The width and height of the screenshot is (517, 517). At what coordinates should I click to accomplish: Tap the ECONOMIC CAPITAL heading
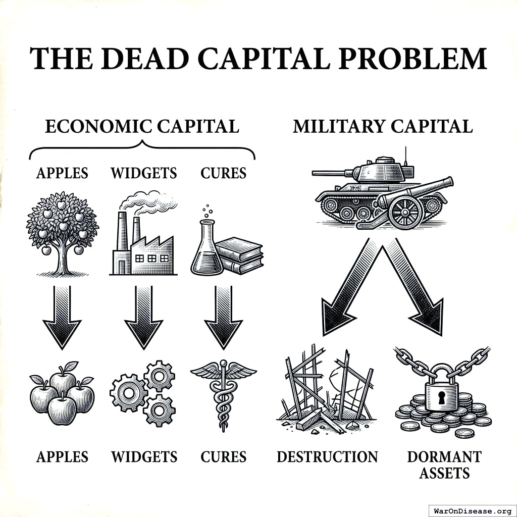point(142,126)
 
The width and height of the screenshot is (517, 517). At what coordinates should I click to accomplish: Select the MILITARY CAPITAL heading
point(383,126)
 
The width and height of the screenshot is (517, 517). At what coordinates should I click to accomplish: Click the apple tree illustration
point(62,232)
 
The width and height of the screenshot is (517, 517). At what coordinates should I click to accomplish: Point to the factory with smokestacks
point(142,247)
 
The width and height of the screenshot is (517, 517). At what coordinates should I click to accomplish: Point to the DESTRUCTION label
point(327,457)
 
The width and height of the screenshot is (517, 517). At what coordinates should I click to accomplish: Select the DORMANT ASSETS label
point(444,464)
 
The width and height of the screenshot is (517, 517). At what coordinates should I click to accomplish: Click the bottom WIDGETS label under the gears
point(144,457)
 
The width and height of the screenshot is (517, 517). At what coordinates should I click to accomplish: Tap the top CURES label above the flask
point(223,173)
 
